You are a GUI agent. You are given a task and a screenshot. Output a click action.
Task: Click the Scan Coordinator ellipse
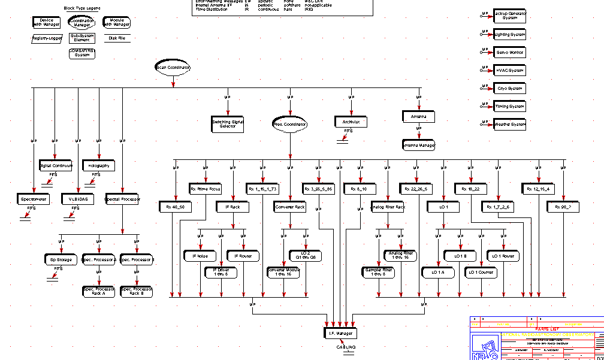173,68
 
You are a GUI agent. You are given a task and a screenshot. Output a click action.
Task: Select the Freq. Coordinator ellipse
289,124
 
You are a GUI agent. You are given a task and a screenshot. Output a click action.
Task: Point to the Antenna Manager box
418,145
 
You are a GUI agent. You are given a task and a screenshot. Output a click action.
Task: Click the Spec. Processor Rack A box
99,291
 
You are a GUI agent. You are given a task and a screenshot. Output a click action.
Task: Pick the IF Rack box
232,207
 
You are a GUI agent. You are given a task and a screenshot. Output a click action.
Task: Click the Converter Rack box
290,207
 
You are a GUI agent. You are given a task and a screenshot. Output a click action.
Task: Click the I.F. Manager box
340,332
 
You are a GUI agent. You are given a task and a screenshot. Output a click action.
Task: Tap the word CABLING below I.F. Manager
346,347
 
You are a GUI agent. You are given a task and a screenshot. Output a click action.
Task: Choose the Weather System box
509,124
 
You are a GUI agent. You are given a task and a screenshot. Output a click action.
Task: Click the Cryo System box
509,88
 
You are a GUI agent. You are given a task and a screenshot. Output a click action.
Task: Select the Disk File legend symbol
117,38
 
